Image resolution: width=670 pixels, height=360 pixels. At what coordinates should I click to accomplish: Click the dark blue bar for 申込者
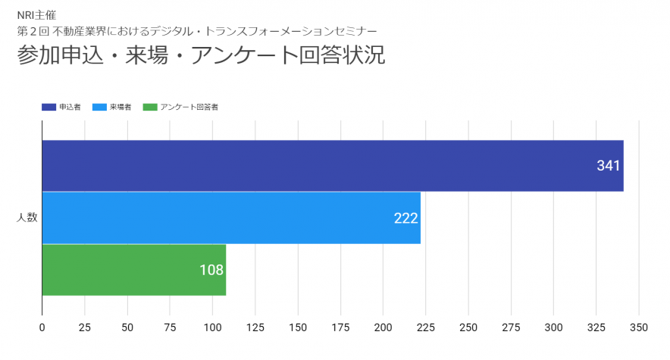pyautogui.click(x=332, y=165)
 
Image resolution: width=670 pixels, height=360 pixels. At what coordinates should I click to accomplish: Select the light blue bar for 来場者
pyautogui.click(x=231, y=218)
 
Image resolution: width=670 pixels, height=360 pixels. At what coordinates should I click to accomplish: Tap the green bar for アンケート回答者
pyautogui.click(x=133, y=270)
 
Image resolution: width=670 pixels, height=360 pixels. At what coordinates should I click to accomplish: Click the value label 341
pyautogui.click(x=609, y=166)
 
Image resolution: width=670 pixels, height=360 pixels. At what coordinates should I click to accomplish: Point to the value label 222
pyautogui.click(x=406, y=218)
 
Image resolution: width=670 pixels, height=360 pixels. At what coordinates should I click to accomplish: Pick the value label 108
pyautogui.click(x=211, y=270)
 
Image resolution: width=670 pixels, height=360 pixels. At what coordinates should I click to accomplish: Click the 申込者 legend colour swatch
pyautogui.click(x=49, y=108)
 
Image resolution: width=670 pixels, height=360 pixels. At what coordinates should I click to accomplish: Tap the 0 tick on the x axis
pyautogui.click(x=42, y=327)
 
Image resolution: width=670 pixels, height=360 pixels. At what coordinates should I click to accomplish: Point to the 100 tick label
pyautogui.click(x=212, y=327)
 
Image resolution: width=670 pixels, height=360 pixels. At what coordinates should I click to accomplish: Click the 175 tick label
pyautogui.click(x=340, y=327)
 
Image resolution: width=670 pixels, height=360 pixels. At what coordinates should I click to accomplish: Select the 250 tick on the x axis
pyautogui.click(x=468, y=327)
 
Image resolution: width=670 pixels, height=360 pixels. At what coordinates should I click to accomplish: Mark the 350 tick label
pyautogui.click(x=639, y=327)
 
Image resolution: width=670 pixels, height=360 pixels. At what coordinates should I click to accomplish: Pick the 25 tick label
pyautogui.click(x=85, y=327)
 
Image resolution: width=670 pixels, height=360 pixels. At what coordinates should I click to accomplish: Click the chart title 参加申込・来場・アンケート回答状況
pyautogui.click(x=201, y=56)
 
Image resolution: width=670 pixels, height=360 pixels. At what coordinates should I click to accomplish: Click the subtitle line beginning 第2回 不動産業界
pyautogui.click(x=196, y=31)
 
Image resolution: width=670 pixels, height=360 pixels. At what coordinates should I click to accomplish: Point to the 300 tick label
pyautogui.click(x=554, y=327)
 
